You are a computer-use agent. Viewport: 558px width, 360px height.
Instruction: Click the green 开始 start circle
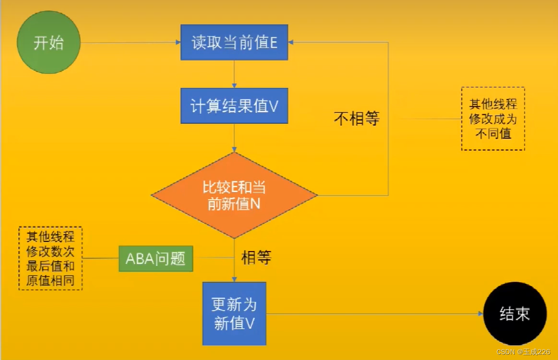tap(48, 43)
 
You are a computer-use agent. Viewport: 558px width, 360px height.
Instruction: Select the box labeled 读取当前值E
tap(234, 43)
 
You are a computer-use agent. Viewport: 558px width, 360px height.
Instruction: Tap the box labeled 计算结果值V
tap(234, 106)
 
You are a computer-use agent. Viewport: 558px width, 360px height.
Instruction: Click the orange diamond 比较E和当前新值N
tap(234, 195)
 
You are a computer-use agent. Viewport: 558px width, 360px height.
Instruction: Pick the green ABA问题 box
tap(156, 259)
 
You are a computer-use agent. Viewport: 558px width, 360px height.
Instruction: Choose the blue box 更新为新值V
tap(234, 313)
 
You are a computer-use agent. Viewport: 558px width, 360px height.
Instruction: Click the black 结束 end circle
tap(515, 313)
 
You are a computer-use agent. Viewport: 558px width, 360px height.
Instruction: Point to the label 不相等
tap(357, 118)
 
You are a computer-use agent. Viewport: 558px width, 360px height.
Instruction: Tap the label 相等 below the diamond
tap(256, 258)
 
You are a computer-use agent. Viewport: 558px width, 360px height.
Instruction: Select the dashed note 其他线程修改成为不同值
tap(493, 119)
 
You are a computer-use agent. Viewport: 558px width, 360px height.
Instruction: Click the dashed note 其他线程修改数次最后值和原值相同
tap(50, 258)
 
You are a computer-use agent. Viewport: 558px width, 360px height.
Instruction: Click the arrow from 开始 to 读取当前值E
tap(130, 43)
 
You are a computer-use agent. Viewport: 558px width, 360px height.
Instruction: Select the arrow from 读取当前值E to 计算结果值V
tap(234, 74)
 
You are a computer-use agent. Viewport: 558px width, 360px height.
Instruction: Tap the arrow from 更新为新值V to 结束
tap(375, 314)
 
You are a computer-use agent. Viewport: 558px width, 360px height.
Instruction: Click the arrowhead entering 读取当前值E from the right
tap(291, 43)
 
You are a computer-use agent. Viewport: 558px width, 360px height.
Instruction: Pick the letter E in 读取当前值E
tap(273, 43)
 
